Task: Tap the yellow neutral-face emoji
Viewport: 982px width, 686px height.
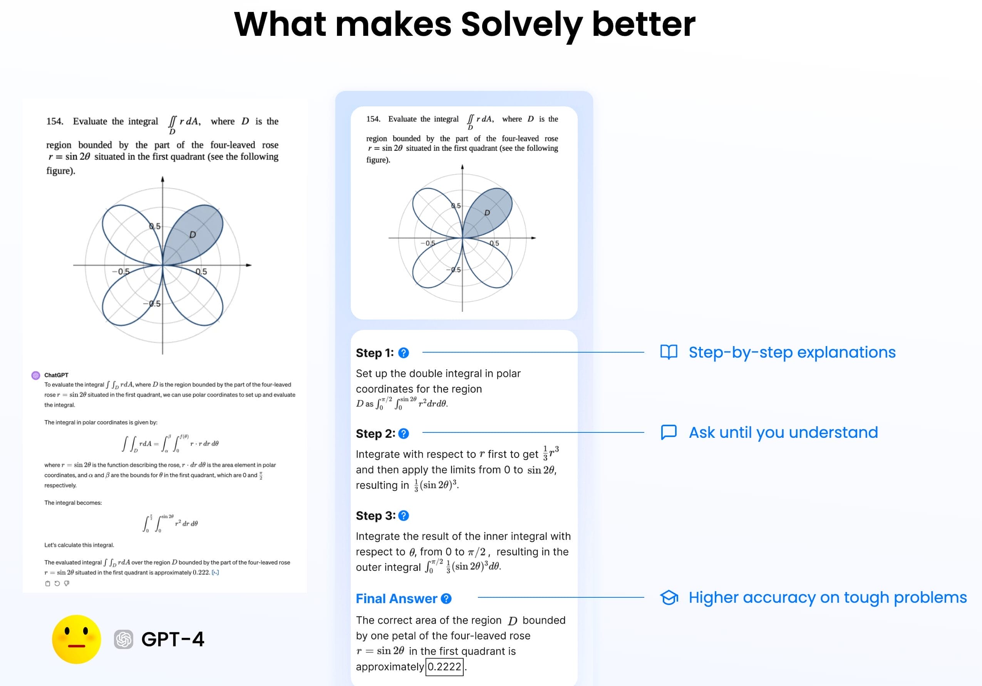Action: click(77, 639)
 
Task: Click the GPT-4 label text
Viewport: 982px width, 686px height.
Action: click(173, 639)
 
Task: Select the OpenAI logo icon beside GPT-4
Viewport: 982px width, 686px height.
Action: click(124, 639)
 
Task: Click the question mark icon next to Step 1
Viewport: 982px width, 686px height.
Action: click(403, 353)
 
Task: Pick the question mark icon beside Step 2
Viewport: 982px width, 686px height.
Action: click(403, 434)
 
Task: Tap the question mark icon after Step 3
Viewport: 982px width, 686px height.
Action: click(403, 516)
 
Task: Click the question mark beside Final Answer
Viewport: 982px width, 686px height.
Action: click(446, 599)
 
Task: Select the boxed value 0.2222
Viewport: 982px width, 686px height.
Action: click(444, 667)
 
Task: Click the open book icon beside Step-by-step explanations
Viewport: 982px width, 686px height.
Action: click(669, 352)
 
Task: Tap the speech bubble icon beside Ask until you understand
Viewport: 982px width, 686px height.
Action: click(669, 432)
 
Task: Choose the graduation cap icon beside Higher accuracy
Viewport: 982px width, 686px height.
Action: click(669, 597)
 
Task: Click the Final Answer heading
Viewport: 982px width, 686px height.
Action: click(397, 599)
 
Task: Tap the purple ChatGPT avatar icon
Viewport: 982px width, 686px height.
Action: click(36, 375)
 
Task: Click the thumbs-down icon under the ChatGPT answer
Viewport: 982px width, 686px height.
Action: click(67, 583)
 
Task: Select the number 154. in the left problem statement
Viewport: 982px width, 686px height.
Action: click(55, 121)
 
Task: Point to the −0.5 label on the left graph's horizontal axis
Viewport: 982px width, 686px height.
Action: click(121, 271)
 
